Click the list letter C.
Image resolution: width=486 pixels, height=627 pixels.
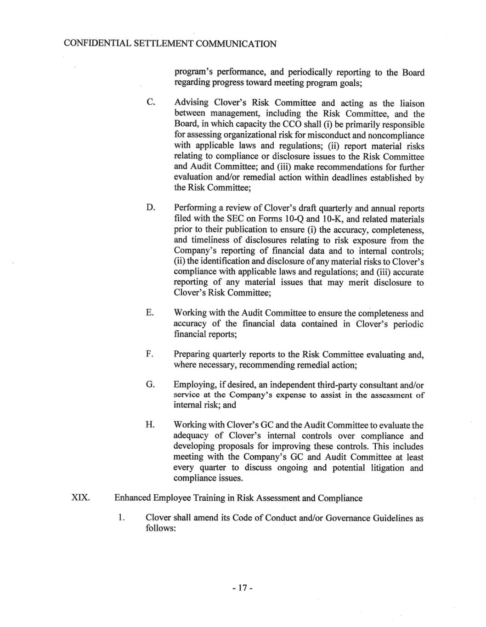pyautogui.click(x=150, y=103)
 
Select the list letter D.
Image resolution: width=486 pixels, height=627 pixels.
pyautogui.click(x=150, y=208)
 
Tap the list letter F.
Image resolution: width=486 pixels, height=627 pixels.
pyautogui.click(x=149, y=354)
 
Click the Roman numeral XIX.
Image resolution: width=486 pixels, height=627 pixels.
pyautogui.click(x=80, y=498)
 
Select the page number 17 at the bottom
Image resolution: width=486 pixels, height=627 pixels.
pyautogui.click(x=243, y=587)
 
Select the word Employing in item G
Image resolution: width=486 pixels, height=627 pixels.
pyautogui.click(x=194, y=384)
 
